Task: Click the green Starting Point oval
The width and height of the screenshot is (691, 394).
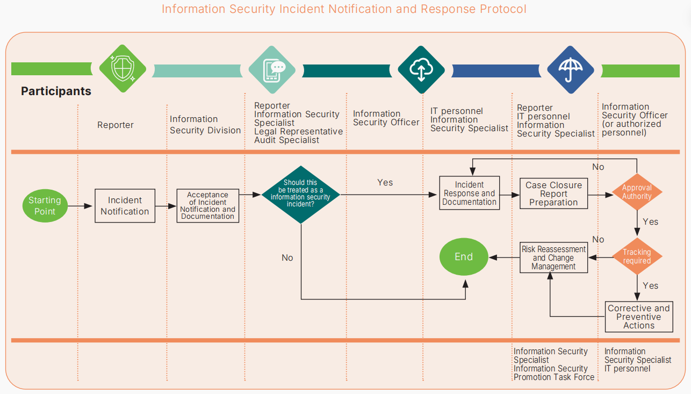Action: pyautogui.click(x=45, y=206)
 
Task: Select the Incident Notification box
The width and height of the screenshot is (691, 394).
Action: pyautogui.click(x=125, y=206)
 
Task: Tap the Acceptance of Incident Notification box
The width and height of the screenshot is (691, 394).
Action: pyautogui.click(x=207, y=206)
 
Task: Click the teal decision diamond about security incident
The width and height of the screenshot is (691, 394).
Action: pyautogui.click(x=301, y=195)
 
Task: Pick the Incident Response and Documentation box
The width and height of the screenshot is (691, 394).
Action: pyautogui.click(x=469, y=193)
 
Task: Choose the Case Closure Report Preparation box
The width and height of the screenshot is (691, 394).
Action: pyautogui.click(x=554, y=194)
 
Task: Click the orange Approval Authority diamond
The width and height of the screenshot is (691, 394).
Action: pyautogui.click(x=637, y=192)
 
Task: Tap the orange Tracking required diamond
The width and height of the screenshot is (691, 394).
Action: pyautogui.click(x=637, y=256)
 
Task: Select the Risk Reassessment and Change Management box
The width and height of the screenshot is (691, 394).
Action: pyautogui.click(x=554, y=257)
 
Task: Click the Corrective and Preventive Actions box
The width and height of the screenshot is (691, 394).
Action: pyautogui.click(x=639, y=317)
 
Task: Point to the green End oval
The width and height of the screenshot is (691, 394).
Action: pyautogui.click(x=464, y=257)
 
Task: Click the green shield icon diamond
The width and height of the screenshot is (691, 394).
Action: pyautogui.click(x=123, y=68)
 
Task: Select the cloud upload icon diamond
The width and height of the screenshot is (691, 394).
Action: pyautogui.click(x=421, y=70)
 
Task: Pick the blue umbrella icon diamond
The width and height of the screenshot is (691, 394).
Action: pyautogui.click(x=571, y=70)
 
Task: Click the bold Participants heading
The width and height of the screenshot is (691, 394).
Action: pyautogui.click(x=56, y=91)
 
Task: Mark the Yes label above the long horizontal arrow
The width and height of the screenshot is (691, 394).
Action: pyautogui.click(x=385, y=182)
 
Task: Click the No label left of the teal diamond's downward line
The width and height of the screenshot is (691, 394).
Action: pyautogui.click(x=287, y=257)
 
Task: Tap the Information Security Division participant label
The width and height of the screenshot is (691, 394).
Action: pyautogui.click(x=205, y=125)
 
